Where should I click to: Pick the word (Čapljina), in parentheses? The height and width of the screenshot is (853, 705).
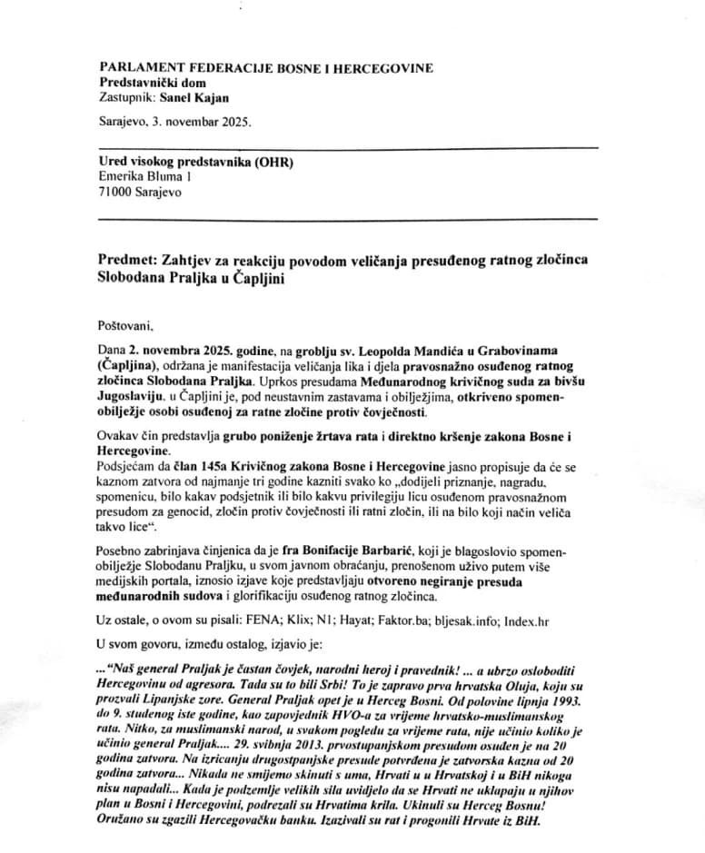pos(127,363)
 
